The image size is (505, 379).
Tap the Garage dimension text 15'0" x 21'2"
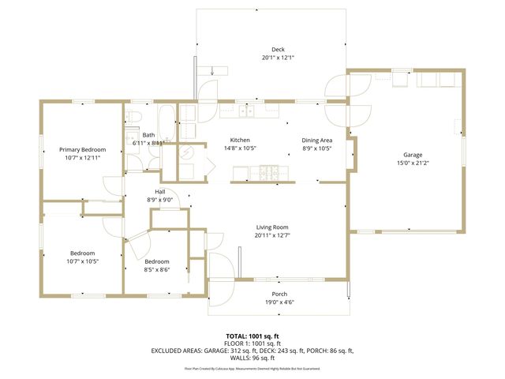tap(413, 164)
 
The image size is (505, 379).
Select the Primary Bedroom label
tap(83, 149)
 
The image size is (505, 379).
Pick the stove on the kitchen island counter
tap(268, 173)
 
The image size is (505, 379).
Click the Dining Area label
tap(317, 140)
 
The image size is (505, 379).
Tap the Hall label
tap(160, 191)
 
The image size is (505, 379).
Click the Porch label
tap(279, 293)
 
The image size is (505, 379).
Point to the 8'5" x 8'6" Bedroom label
tap(156, 261)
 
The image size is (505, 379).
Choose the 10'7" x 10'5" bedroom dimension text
tap(83, 261)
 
